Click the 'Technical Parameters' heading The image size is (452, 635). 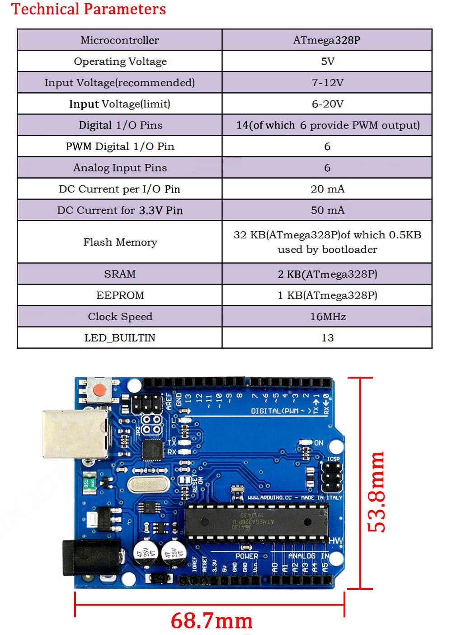tap(89, 9)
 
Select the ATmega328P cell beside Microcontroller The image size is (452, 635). tap(326, 40)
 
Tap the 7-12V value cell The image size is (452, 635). tap(327, 82)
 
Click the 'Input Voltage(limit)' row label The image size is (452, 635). tap(120, 104)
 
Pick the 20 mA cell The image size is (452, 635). tap(327, 189)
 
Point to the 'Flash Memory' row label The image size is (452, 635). tap(120, 242)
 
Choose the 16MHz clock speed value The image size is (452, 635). tap(327, 316)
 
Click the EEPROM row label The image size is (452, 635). tap(120, 295)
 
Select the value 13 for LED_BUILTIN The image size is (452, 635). tap(327, 337)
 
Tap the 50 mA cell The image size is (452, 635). tap(327, 210)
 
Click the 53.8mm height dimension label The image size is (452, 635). tap(377, 492)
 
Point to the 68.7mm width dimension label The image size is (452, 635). tap(211, 621)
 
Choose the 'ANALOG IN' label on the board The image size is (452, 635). tap(309, 555)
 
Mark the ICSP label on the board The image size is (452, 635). tap(333, 459)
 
